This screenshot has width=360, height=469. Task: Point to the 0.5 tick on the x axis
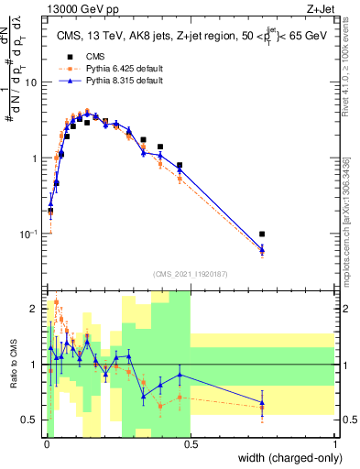click(x=191, y=444)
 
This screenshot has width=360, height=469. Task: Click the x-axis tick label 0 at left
click(x=46, y=444)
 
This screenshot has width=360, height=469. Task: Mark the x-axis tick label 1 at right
click(x=334, y=444)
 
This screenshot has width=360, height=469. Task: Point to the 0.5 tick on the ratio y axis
click(x=29, y=420)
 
